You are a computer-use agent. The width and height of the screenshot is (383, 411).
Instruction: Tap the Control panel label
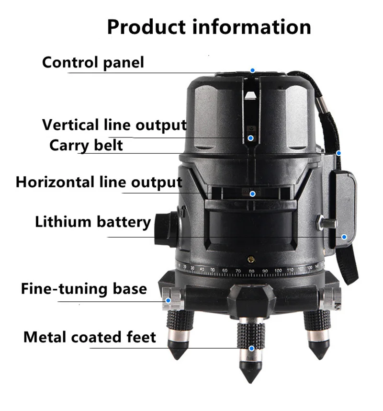pos(93,62)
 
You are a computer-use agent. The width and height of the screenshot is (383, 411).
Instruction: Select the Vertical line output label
pos(114,125)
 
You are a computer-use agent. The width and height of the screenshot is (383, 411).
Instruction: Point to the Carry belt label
pos(86,145)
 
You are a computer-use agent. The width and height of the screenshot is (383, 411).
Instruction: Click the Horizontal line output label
pos(99,182)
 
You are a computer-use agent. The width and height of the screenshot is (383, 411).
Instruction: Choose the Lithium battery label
pos(93,222)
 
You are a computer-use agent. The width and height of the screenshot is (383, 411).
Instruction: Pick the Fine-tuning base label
pos(84,289)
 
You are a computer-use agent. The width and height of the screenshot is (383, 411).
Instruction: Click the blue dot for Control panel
pos(252,70)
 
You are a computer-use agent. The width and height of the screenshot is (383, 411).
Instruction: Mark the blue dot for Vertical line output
pos(250,137)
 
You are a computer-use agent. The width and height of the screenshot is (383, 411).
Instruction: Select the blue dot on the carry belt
pos(338,153)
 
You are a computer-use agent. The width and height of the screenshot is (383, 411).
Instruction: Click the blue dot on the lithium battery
pos(344,237)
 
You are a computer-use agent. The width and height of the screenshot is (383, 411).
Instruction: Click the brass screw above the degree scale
pos(250,259)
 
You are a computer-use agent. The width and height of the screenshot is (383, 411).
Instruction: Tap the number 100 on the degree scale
pos(278,271)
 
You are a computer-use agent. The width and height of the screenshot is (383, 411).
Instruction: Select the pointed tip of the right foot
pos(317,355)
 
